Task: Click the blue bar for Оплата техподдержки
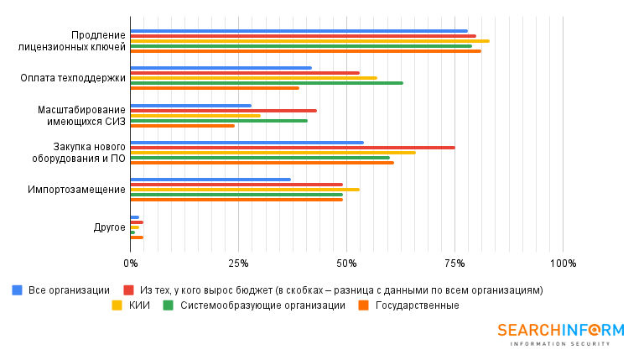(221, 68)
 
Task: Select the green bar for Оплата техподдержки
(267, 83)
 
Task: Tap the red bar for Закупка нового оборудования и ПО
(293, 148)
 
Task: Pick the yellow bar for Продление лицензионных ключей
(310, 41)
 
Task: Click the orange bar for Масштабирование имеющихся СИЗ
(183, 126)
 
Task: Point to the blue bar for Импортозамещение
(210, 179)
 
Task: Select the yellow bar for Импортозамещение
(245, 190)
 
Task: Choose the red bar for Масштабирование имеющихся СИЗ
(224, 111)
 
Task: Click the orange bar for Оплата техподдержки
(215, 88)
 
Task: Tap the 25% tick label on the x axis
(238, 263)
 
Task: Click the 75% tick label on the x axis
(454, 263)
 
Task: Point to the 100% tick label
(563, 263)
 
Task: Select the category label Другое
(109, 227)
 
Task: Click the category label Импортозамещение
(76, 190)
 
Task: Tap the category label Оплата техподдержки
(73, 78)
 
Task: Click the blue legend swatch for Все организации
(17, 290)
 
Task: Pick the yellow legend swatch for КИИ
(117, 305)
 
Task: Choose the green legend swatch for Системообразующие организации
(168, 305)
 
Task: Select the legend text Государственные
(417, 305)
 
